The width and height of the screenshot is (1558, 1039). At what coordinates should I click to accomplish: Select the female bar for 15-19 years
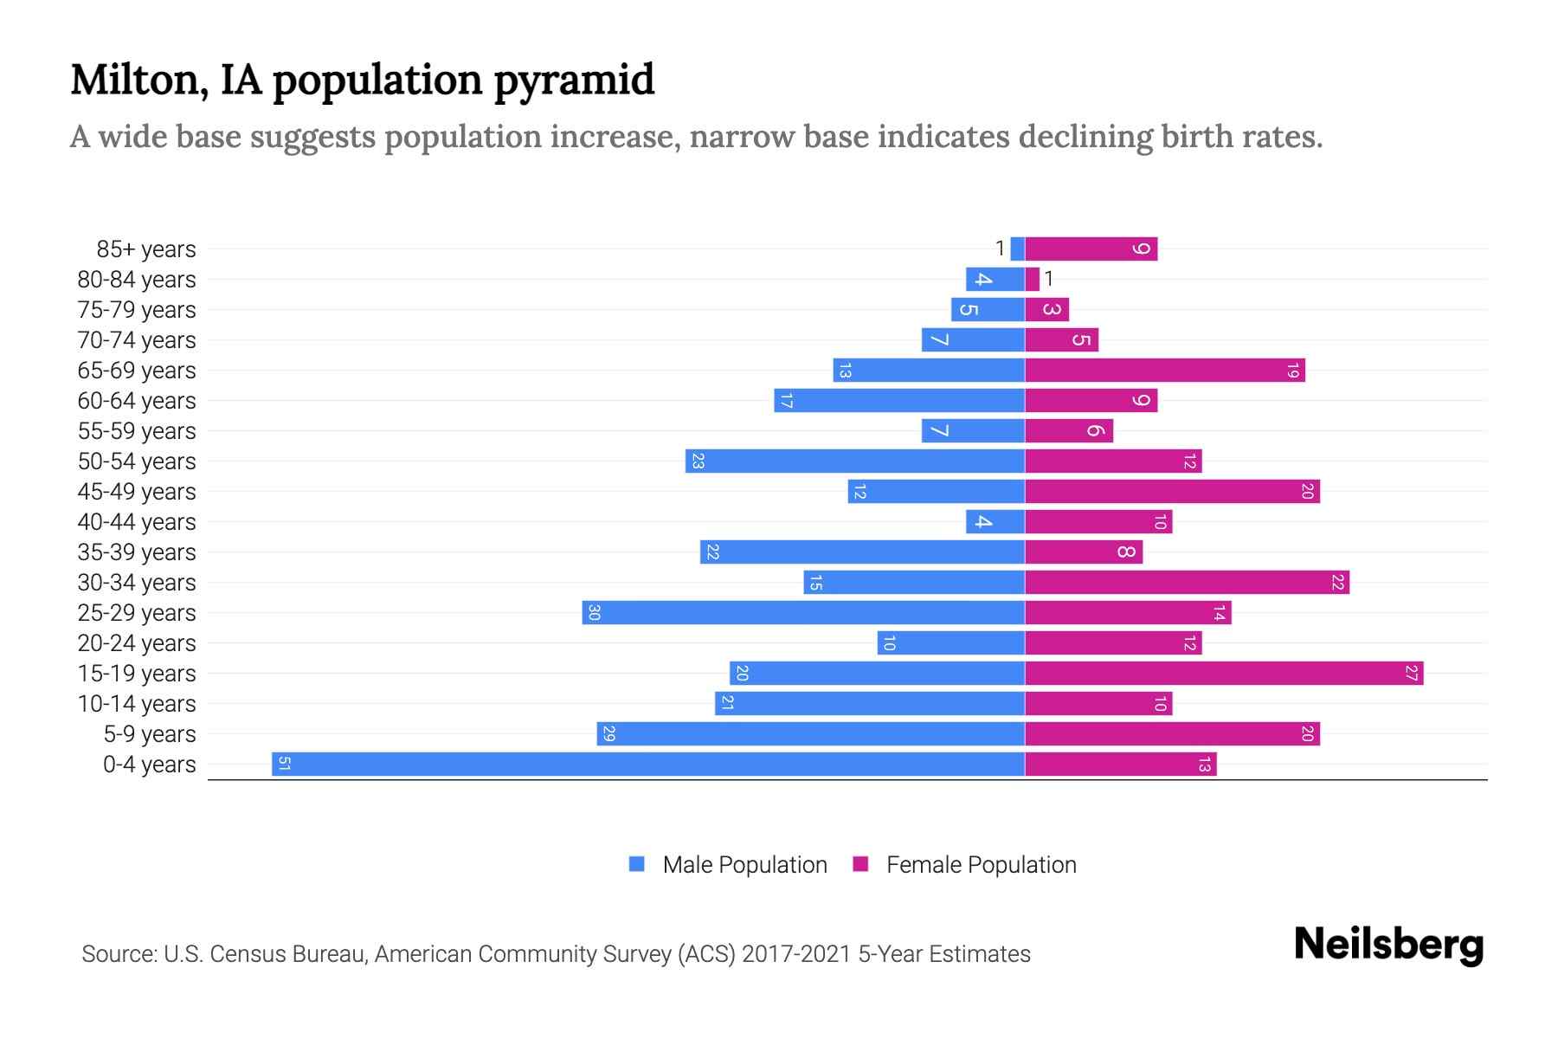(x=1224, y=673)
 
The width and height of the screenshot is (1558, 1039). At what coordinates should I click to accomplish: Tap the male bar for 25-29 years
(x=803, y=612)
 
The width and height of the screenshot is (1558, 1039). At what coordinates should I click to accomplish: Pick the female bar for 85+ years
(x=1091, y=248)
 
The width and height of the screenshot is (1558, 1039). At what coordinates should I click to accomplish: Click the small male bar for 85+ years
(x=1017, y=248)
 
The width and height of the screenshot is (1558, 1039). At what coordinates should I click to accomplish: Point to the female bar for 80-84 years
(x=1032, y=279)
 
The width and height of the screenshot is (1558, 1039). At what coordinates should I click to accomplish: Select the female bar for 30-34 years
(x=1187, y=582)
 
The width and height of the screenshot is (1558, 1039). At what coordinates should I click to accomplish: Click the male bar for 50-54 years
(x=855, y=461)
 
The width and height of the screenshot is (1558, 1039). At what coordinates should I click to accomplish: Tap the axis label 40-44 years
(x=137, y=522)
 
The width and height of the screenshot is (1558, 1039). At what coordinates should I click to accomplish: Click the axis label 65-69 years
(x=137, y=371)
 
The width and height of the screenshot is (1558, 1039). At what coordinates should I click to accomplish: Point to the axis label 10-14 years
(x=137, y=704)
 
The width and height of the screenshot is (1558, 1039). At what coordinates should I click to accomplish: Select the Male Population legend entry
(x=744, y=864)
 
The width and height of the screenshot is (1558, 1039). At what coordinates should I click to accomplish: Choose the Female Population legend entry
(x=981, y=864)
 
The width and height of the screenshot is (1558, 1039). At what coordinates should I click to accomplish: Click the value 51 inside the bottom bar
(x=284, y=764)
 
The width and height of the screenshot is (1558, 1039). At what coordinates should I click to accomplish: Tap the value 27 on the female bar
(x=1412, y=673)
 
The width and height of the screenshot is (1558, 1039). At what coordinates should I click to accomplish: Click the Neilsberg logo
(x=1388, y=945)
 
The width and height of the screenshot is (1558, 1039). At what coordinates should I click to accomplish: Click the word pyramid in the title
(x=574, y=81)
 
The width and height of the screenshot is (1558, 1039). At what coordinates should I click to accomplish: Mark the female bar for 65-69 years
(x=1164, y=370)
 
